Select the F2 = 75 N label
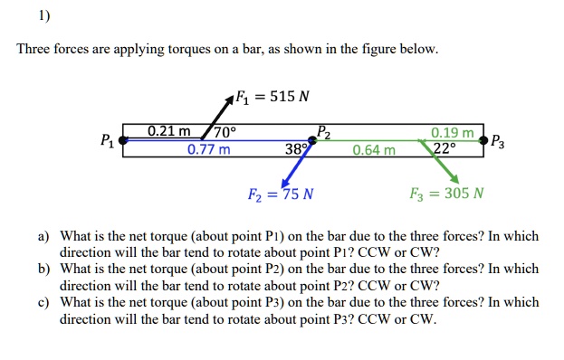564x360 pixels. coord(281,194)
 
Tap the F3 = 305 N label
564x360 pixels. coord(446,194)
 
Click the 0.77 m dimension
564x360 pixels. coord(208,149)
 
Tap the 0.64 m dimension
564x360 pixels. coord(374,149)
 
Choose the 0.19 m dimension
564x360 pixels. coord(452,132)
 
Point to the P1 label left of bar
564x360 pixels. coord(108,140)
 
